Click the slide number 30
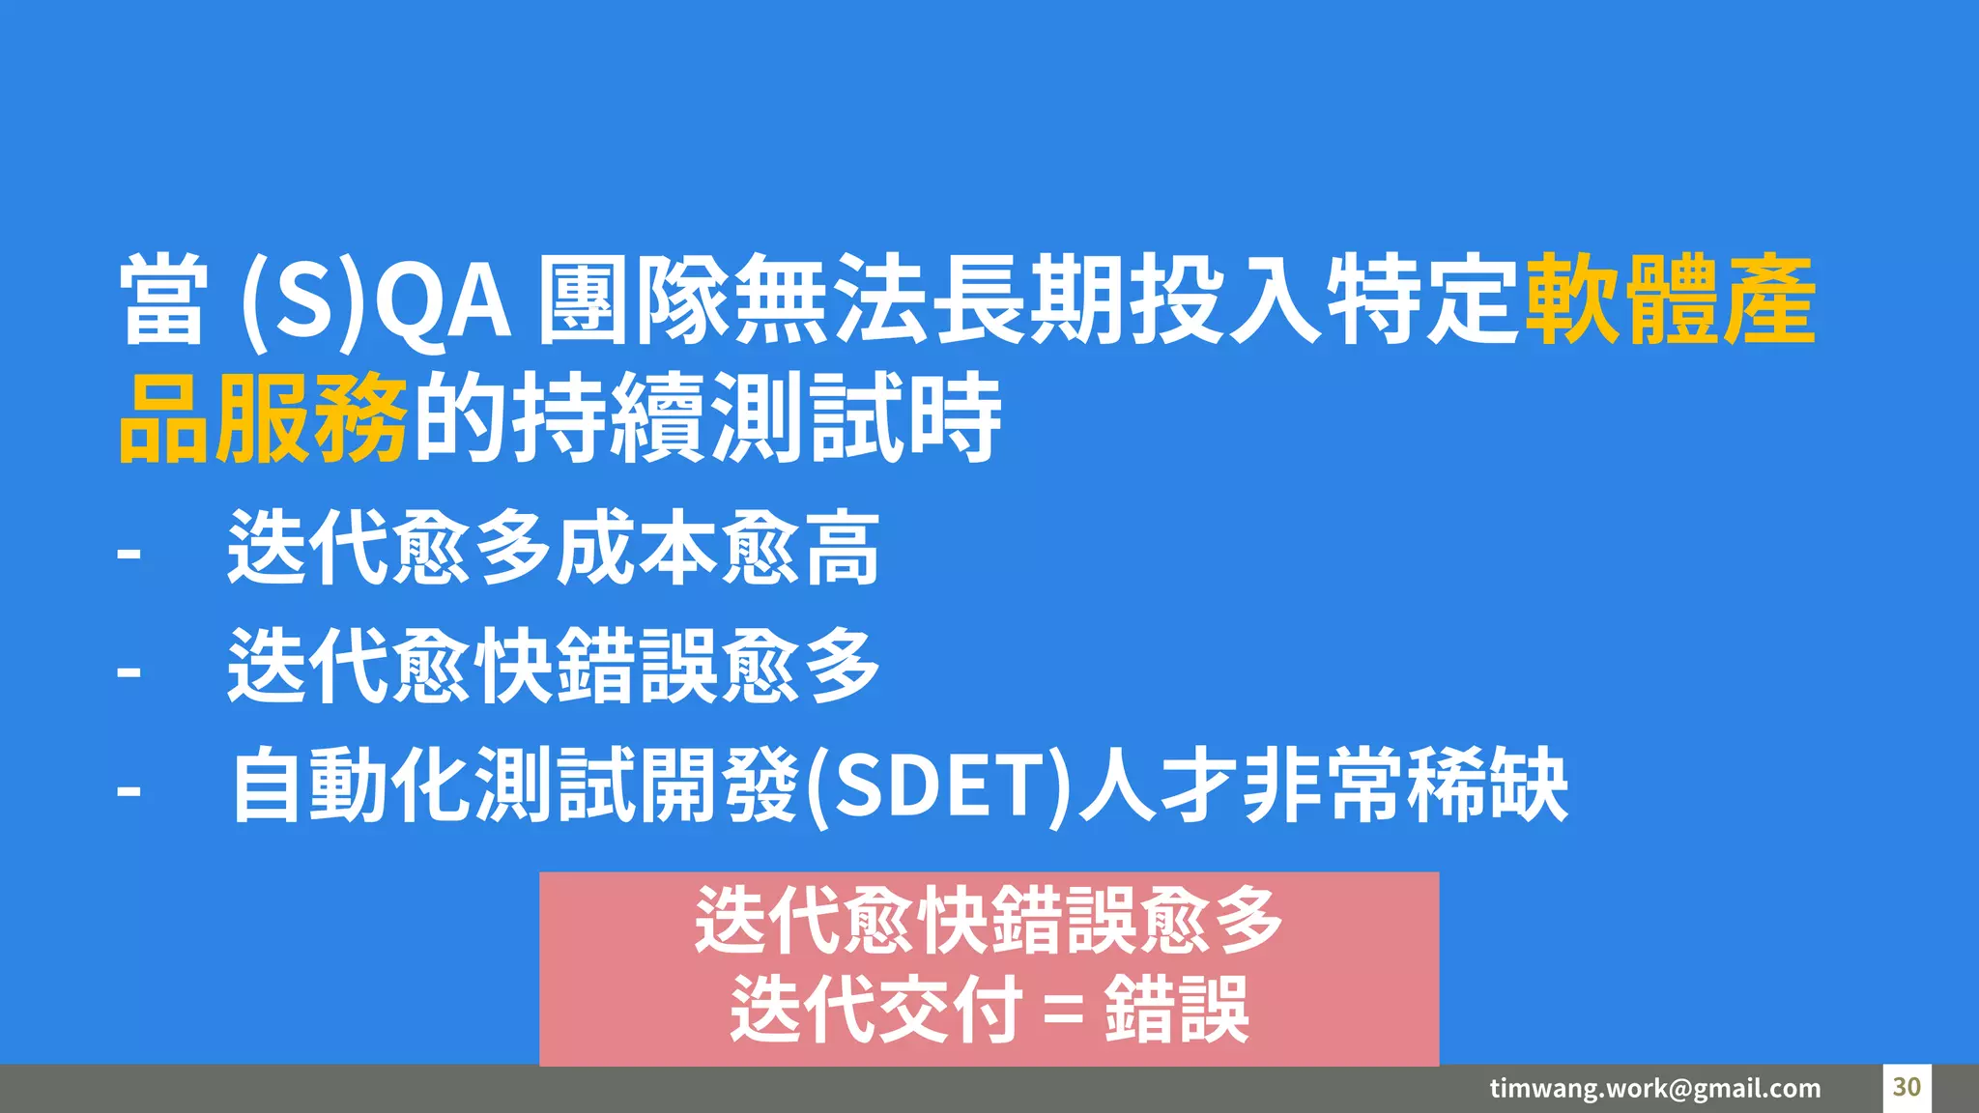coord(1906,1087)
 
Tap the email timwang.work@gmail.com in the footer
coord(1654,1089)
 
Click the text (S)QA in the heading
coord(375,300)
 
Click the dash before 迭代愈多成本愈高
coord(129,555)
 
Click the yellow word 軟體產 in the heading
coord(1670,300)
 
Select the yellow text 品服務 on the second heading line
coord(262,418)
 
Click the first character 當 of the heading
coord(163,300)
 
